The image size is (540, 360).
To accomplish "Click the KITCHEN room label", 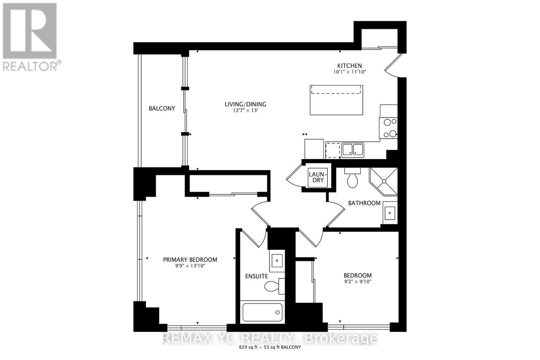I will [x=350, y=66].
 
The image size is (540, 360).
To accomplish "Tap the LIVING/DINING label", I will [x=245, y=104].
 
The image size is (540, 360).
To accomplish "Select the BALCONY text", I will [x=162, y=108].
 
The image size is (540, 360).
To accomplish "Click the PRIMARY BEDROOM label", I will [x=190, y=259].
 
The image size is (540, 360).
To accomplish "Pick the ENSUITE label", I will [x=256, y=276].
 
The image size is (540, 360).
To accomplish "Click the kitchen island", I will [x=336, y=100].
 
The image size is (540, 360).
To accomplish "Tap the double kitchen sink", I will [x=353, y=150].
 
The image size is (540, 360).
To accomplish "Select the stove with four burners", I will [x=388, y=128].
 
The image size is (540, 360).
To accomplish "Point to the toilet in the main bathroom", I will [x=352, y=179].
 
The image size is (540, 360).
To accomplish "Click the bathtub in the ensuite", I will [x=263, y=312].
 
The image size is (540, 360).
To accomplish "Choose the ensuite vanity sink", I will [x=277, y=260].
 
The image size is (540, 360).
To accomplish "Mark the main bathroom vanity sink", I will [x=390, y=213].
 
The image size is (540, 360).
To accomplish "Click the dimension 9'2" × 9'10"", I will [x=358, y=282].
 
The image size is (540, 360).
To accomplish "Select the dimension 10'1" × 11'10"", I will [x=350, y=72].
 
